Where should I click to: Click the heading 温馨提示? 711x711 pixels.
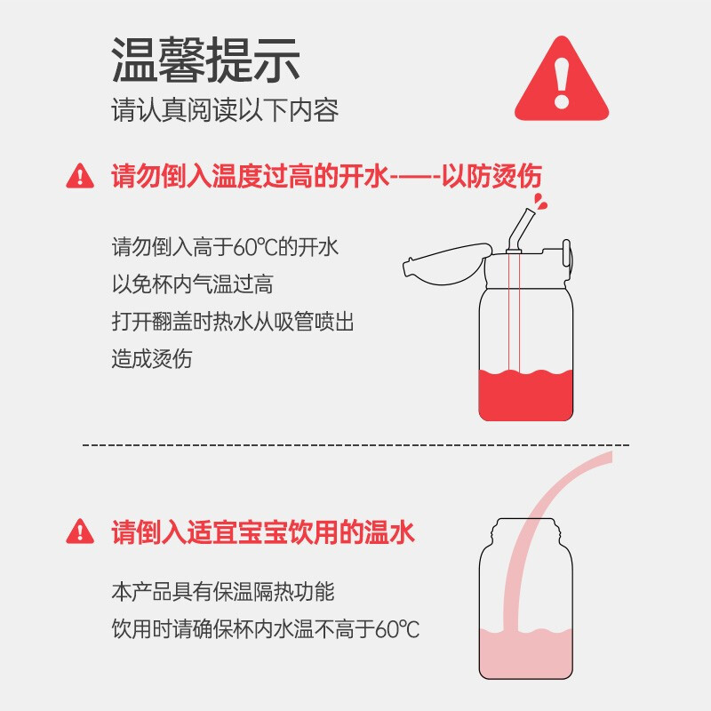(205, 60)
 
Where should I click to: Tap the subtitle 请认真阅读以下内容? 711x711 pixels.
(225, 110)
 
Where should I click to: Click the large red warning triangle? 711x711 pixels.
(562, 79)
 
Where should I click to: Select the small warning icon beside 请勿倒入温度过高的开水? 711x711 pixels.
(80, 176)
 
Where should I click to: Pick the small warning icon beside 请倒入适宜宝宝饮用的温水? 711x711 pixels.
(80, 531)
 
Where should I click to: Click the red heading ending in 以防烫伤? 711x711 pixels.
(326, 176)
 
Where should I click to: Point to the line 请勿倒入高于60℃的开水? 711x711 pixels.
(225, 248)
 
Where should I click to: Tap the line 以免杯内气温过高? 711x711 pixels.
(192, 284)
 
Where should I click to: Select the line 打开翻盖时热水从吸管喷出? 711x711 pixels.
(233, 322)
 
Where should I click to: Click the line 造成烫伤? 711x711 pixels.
(152, 359)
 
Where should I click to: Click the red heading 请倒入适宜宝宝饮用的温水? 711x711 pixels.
(263, 531)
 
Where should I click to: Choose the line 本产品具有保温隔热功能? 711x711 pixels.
(223, 592)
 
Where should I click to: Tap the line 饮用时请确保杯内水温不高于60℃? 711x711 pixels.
(266, 629)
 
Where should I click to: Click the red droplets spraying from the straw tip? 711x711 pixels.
(540, 202)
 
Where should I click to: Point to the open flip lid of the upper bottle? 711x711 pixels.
(447, 264)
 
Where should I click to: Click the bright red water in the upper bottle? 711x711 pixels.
(525, 395)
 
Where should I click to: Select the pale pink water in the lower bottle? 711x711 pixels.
(525, 653)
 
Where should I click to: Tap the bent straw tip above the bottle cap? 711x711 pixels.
(523, 228)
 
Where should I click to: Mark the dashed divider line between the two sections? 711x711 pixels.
(356, 445)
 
